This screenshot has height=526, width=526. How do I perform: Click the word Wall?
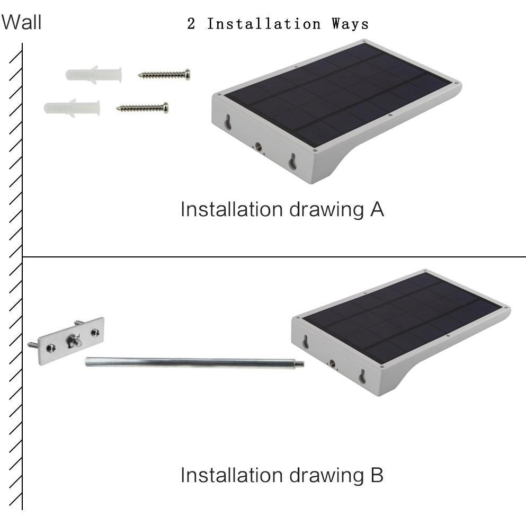pyautogui.click(x=21, y=22)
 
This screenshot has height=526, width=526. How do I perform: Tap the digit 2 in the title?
pyautogui.click(x=191, y=23)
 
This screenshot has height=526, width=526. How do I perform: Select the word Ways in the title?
pyautogui.click(x=350, y=24)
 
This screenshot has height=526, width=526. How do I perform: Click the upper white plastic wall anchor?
pyautogui.click(x=94, y=75)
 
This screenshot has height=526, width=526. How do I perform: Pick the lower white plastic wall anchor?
pyautogui.click(x=72, y=108)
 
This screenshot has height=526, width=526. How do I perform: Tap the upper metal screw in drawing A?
pyautogui.click(x=164, y=75)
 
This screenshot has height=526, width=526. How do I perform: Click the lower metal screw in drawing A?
pyautogui.click(x=142, y=108)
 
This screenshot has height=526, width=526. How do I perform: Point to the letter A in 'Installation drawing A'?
pyautogui.click(x=377, y=209)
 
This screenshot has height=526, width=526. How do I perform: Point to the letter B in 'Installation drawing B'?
pyautogui.click(x=377, y=475)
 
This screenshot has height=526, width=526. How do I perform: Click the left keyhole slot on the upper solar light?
pyautogui.click(x=228, y=122)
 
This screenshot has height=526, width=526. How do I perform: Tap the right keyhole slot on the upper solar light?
pyautogui.click(x=292, y=162)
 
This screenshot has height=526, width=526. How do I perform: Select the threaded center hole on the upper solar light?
pyautogui.click(x=258, y=146)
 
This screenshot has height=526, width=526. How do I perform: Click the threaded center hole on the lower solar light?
pyautogui.click(x=332, y=363)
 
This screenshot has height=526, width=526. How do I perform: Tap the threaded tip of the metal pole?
pyautogui.click(x=300, y=363)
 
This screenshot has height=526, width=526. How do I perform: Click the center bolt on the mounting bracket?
pyautogui.click(x=74, y=341)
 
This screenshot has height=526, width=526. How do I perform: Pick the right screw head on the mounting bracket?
pyautogui.click(x=95, y=333)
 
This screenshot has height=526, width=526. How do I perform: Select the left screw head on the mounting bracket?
pyautogui.click(x=51, y=348)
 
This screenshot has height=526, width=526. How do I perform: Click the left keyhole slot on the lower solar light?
pyautogui.click(x=306, y=342)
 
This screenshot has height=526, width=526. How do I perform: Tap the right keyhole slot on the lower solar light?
pyautogui.click(x=363, y=377)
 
